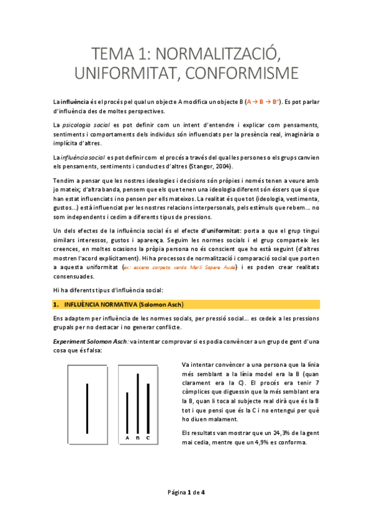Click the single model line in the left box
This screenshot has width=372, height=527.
pos(88,408)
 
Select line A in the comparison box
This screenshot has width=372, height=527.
pos(127,412)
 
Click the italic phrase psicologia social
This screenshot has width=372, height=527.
pos(84,124)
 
